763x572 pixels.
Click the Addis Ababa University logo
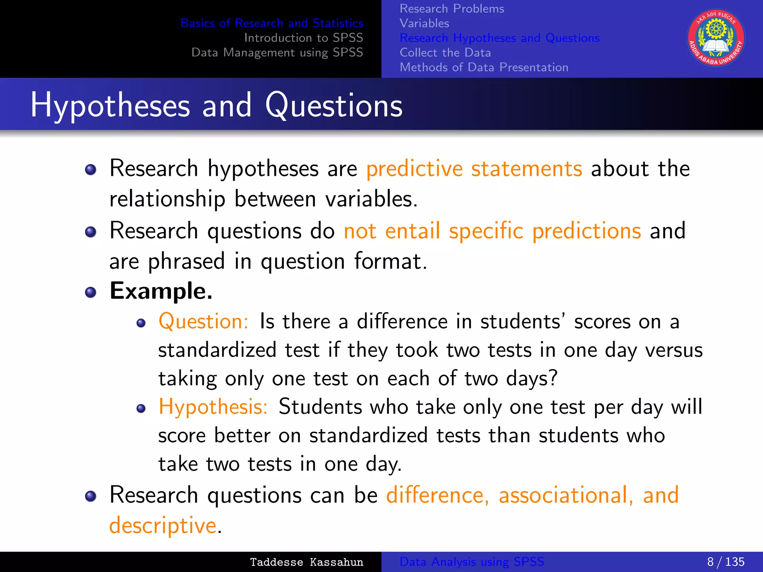[x=716, y=38]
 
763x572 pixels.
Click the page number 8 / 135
[x=725, y=562]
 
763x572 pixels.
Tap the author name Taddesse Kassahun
[x=306, y=562]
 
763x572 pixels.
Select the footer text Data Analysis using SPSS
[x=471, y=562]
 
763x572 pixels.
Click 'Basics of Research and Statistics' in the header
[x=272, y=23]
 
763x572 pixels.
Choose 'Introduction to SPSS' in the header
[x=303, y=38]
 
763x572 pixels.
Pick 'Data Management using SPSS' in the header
[x=277, y=53]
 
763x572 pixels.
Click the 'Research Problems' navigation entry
[x=452, y=9]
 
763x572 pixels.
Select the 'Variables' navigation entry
[x=424, y=23]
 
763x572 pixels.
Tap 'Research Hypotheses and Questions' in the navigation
[x=499, y=38]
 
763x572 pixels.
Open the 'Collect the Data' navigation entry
[x=445, y=53]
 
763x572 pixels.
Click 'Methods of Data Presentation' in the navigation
[x=484, y=67]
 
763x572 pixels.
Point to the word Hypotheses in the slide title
[x=110, y=106]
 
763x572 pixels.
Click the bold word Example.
[x=161, y=291]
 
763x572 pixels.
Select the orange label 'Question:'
[x=203, y=321]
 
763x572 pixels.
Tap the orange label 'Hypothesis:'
[x=213, y=407]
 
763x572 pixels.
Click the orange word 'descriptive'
[x=163, y=525]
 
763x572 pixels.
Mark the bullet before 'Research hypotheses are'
[x=91, y=170]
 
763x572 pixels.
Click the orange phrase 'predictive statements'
[x=474, y=169]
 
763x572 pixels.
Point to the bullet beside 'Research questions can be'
[x=91, y=496]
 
